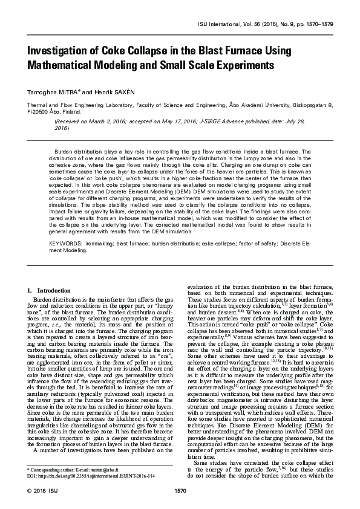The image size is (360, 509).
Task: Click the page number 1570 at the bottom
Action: click(180, 490)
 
